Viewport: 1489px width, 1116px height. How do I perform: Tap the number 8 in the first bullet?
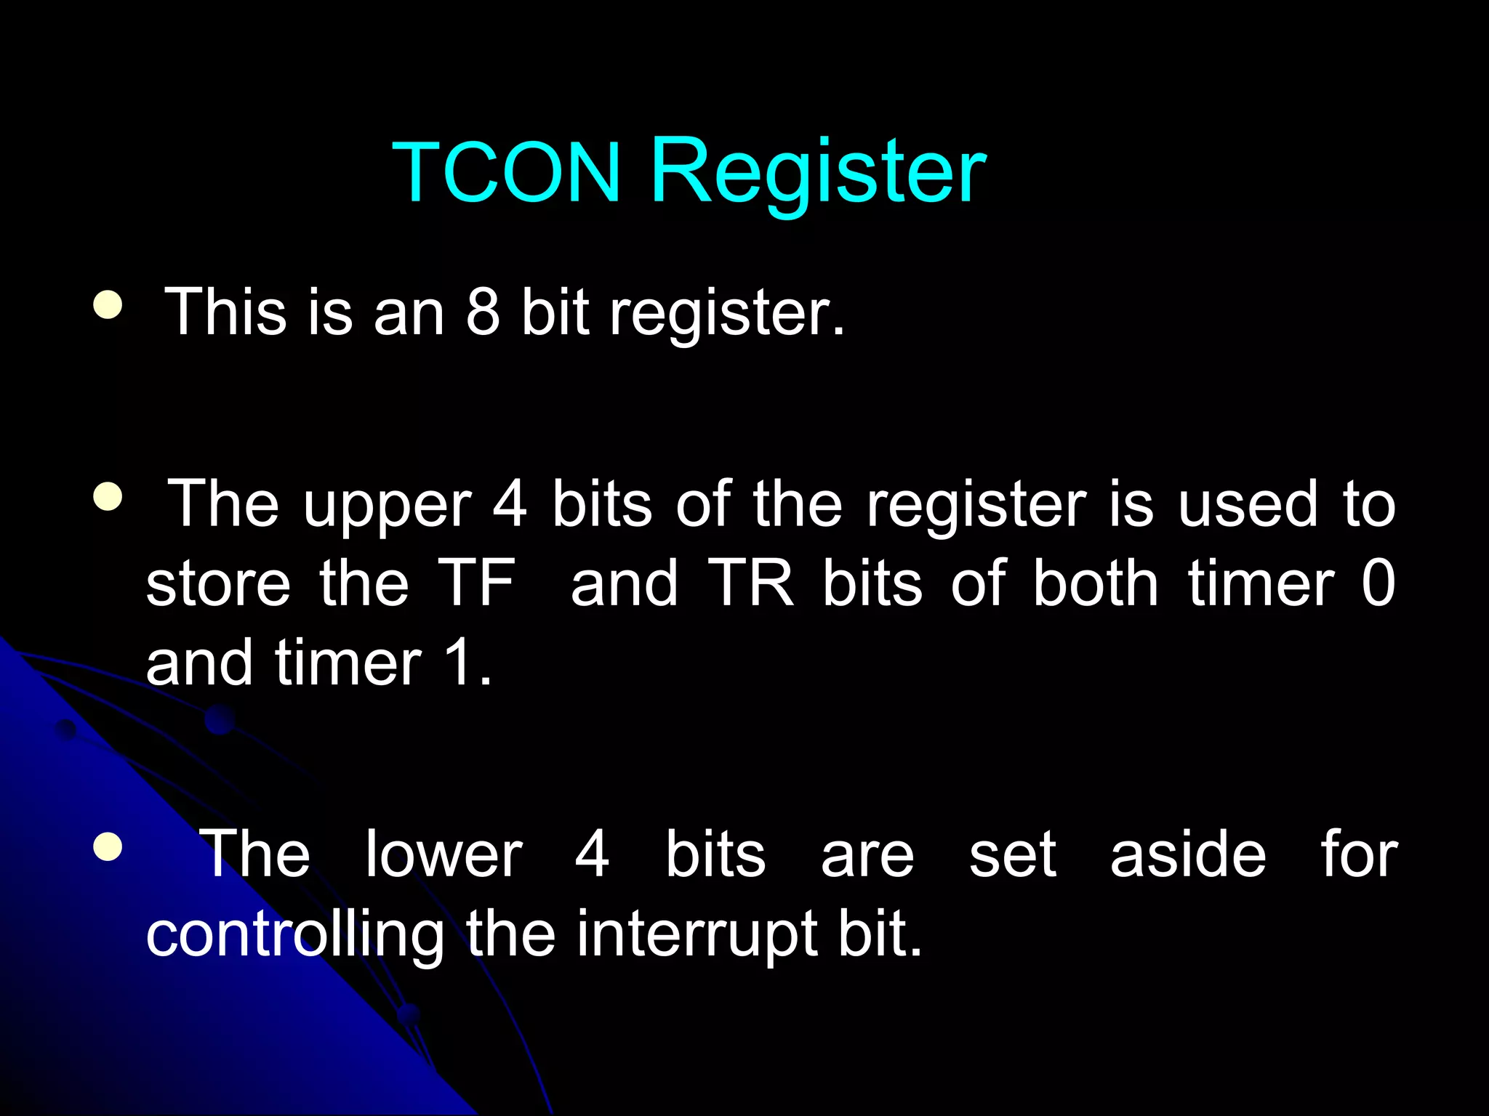click(483, 312)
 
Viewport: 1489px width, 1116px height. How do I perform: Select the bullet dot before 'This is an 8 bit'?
click(108, 305)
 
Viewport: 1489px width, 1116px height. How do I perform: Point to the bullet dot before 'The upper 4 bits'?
click(108, 498)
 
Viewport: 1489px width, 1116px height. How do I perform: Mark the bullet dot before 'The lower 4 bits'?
click(108, 846)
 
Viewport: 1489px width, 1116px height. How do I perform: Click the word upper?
click(387, 506)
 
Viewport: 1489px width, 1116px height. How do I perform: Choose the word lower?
click(444, 854)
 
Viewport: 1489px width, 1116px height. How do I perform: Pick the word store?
click(218, 584)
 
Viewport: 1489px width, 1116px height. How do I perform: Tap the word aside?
click(1188, 854)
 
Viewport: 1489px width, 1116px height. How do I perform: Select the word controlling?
click(294, 936)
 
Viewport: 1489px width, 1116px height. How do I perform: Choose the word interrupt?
click(699, 936)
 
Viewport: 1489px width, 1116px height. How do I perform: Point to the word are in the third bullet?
click(867, 856)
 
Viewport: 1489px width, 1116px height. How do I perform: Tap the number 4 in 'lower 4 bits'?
click(592, 854)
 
